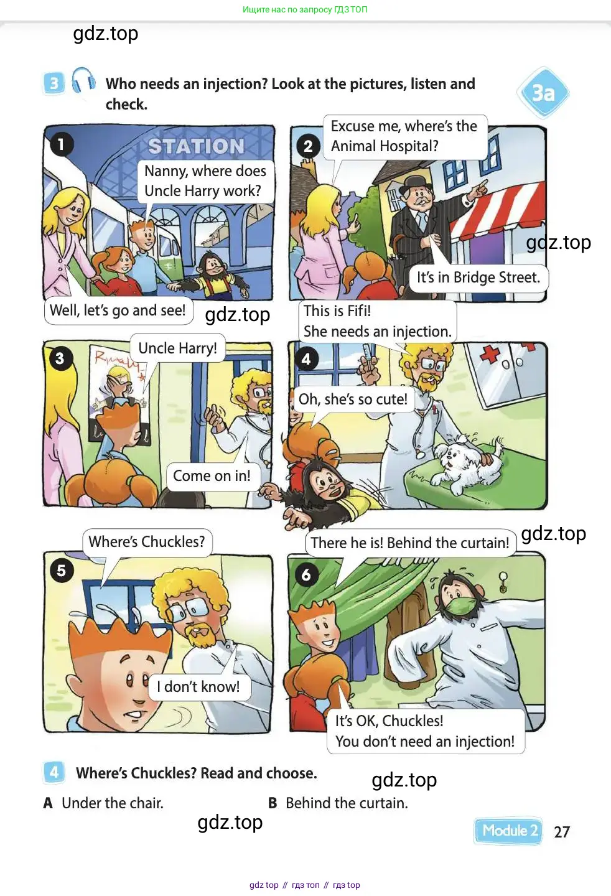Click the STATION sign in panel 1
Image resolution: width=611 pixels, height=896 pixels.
click(196, 146)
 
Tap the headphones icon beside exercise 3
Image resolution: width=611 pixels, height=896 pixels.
click(83, 80)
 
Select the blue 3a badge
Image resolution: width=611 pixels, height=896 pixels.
click(543, 93)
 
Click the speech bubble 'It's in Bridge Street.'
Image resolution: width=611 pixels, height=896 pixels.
click(478, 278)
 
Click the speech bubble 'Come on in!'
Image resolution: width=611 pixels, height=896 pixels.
click(212, 476)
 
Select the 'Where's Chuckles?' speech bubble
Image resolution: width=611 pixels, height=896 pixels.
click(147, 541)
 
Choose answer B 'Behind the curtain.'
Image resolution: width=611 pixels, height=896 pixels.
click(338, 803)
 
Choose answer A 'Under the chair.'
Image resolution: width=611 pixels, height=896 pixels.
click(103, 803)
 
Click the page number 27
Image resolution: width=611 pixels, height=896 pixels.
click(561, 832)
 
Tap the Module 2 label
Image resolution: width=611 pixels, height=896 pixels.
click(508, 831)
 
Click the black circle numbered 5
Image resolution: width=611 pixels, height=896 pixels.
click(62, 571)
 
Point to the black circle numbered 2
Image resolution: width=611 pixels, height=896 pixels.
click(308, 146)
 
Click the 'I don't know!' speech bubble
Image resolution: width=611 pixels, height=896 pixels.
click(198, 687)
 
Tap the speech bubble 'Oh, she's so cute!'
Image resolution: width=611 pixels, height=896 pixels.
click(353, 399)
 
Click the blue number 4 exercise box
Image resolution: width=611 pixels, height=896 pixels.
click(54, 772)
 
